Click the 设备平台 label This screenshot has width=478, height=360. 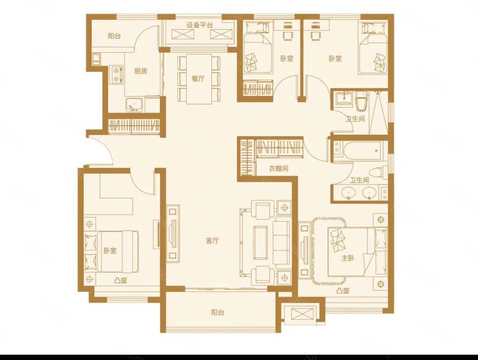[x=199, y=25]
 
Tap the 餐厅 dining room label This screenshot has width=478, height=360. [x=198, y=79]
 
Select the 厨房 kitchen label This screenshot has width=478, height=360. [x=141, y=71]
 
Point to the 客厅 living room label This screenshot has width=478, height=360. [x=212, y=241]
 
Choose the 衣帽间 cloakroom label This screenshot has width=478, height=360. [x=278, y=168]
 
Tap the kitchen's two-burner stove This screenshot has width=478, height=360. [x=116, y=74]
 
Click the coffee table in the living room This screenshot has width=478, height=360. [x=261, y=240]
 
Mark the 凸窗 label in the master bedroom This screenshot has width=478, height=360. [x=343, y=291]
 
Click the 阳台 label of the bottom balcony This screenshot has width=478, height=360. [x=218, y=313]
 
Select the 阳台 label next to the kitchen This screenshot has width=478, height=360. [x=115, y=36]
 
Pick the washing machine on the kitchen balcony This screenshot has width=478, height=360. [x=96, y=58]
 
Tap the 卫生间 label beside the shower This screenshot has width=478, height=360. [x=355, y=118]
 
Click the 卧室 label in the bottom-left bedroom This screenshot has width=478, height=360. [x=110, y=251]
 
